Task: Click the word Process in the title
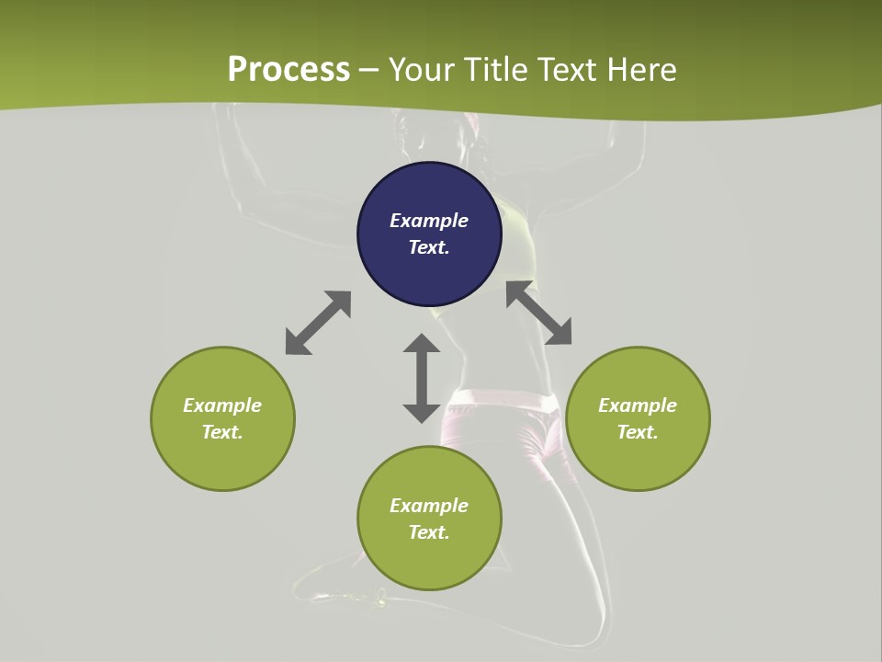point(288,69)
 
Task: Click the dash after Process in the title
point(369,71)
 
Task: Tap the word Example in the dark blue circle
point(429,221)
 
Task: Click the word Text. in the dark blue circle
point(429,247)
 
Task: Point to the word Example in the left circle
point(222,405)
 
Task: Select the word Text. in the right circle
point(638,432)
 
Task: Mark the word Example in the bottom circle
point(429,506)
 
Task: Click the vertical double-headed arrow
point(422,378)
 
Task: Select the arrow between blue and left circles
point(318,323)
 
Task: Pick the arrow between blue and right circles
point(539,314)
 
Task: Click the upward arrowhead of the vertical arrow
point(422,344)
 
